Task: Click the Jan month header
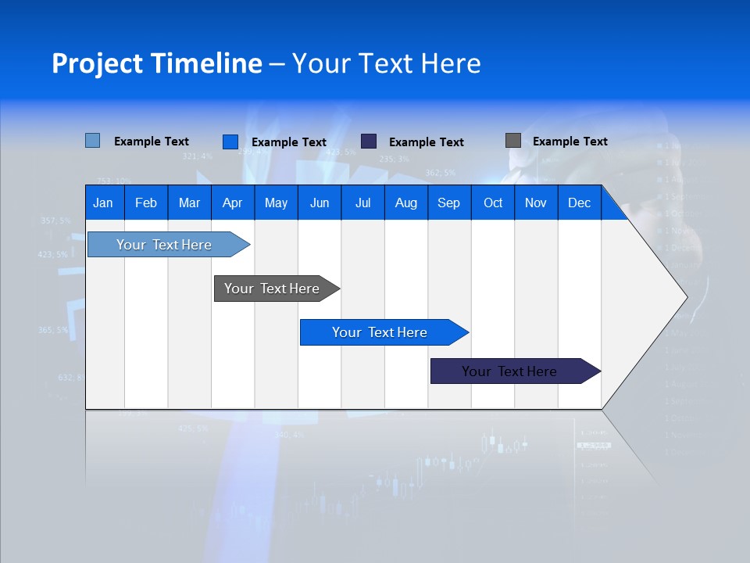103,203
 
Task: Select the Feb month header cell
146,203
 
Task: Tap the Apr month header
232,203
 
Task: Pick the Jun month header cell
320,203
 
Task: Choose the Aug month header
405,203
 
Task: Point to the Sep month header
448,203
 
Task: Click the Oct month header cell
493,203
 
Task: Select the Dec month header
579,203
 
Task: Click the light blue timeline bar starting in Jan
165,245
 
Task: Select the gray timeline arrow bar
273,289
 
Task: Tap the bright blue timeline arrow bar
380,332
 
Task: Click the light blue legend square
93,141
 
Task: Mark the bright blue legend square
230,142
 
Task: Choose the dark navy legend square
369,141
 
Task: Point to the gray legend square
513,141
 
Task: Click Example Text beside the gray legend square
570,142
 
